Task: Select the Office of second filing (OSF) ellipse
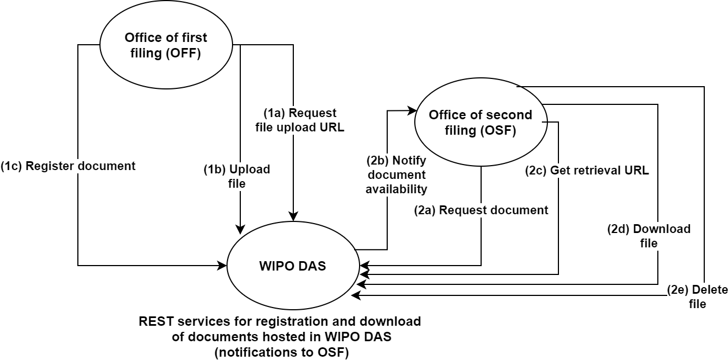[x=481, y=123]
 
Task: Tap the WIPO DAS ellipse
[x=292, y=266]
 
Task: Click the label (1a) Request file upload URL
[x=300, y=120]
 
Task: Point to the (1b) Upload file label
[x=236, y=176]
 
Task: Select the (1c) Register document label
[x=68, y=166]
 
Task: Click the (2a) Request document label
[x=481, y=210]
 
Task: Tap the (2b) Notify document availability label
[x=397, y=175]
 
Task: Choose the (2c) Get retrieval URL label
[x=587, y=171]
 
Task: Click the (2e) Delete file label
[x=697, y=297]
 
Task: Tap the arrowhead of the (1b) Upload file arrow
[x=240, y=229]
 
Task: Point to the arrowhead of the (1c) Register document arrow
[x=223, y=266]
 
